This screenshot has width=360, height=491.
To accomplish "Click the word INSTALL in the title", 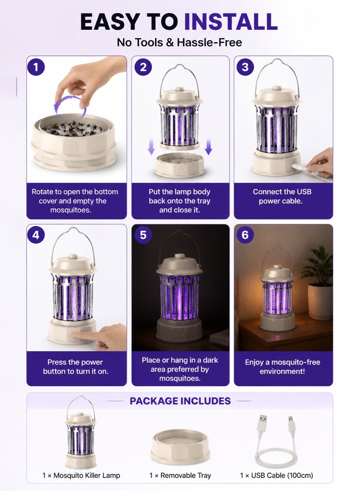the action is (x=231, y=22).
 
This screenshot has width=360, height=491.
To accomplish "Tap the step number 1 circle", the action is (x=36, y=67).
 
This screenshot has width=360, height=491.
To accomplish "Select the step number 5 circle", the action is (x=143, y=235).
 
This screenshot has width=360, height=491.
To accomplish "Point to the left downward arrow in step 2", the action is (x=151, y=147).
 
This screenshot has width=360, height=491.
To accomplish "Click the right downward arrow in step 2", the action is (x=208, y=147).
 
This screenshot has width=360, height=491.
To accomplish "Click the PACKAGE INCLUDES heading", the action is (x=180, y=401).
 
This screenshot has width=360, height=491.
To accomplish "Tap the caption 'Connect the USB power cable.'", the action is (x=282, y=196).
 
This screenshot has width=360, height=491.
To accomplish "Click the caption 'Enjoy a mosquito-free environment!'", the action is (x=282, y=367).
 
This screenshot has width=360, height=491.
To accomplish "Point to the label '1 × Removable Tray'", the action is (x=180, y=475).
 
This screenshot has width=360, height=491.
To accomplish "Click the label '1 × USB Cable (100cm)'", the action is (x=276, y=475).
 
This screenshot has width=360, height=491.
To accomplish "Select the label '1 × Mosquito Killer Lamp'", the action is (x=81, y=475).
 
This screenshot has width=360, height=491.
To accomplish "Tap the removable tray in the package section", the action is (x=180, y=447).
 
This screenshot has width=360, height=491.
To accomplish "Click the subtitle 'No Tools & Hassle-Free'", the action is (x=180, y=42).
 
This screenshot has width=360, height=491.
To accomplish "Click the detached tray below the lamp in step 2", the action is (x=180, y=165).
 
